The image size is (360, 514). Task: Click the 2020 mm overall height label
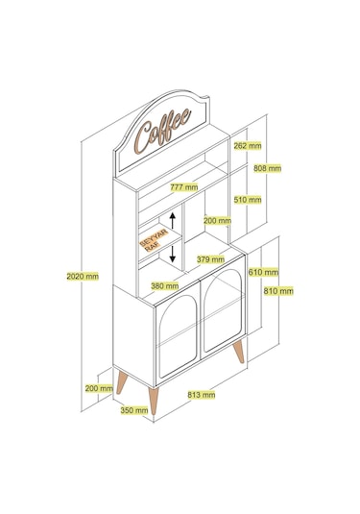point(83,277)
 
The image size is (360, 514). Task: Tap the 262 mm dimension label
point(248,145)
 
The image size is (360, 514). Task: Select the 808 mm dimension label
point(267,168)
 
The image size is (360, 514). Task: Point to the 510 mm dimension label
point(248,199)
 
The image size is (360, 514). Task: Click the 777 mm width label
point(184,187)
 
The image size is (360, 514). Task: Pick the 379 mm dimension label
point(210,259)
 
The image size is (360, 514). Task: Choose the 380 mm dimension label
point(165,286)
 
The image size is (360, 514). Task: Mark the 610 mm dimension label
point(263,272)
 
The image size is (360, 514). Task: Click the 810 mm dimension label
point(278,291)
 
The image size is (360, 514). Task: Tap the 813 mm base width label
point(202,394)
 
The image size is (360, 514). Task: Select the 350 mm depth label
point(134,410)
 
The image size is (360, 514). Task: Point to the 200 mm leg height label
point(99,388)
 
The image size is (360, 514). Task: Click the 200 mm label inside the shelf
point(217,221)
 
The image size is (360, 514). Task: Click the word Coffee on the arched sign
point(163,131)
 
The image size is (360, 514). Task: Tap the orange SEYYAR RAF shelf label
point(154,240)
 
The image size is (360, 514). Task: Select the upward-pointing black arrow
point(173,220)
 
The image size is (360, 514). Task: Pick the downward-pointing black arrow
point(173,255)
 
